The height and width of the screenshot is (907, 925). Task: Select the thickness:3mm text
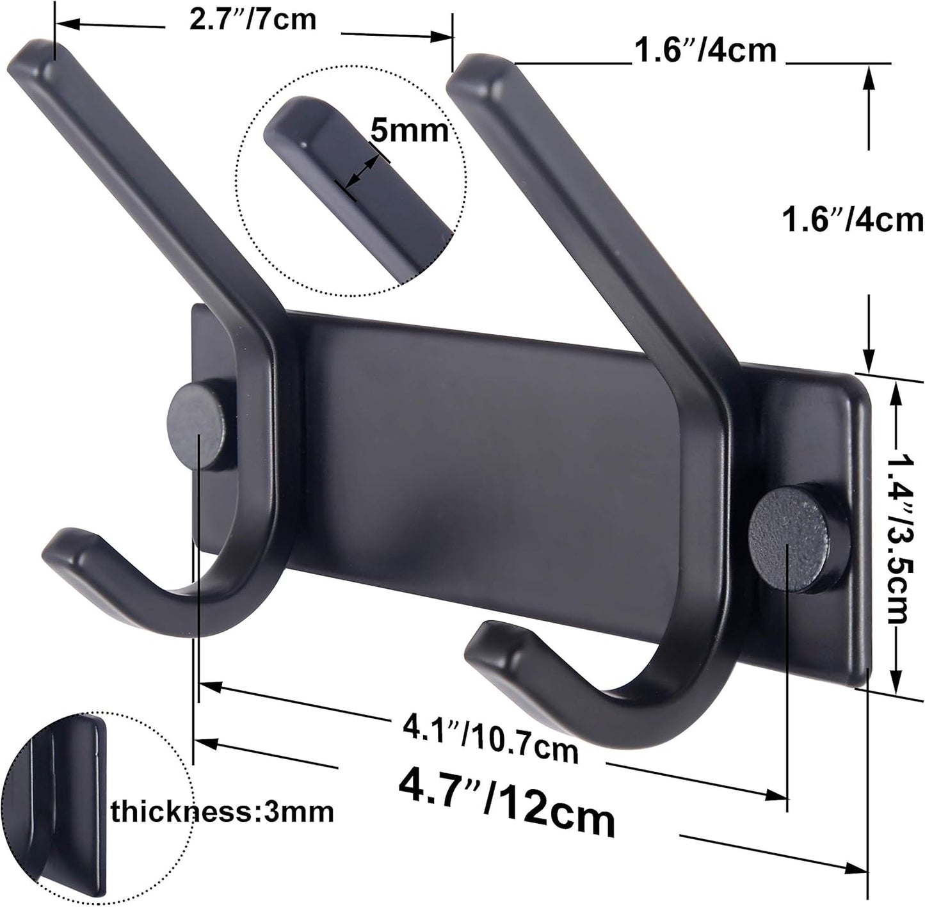222,812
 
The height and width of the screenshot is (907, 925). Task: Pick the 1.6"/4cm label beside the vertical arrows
853,221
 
